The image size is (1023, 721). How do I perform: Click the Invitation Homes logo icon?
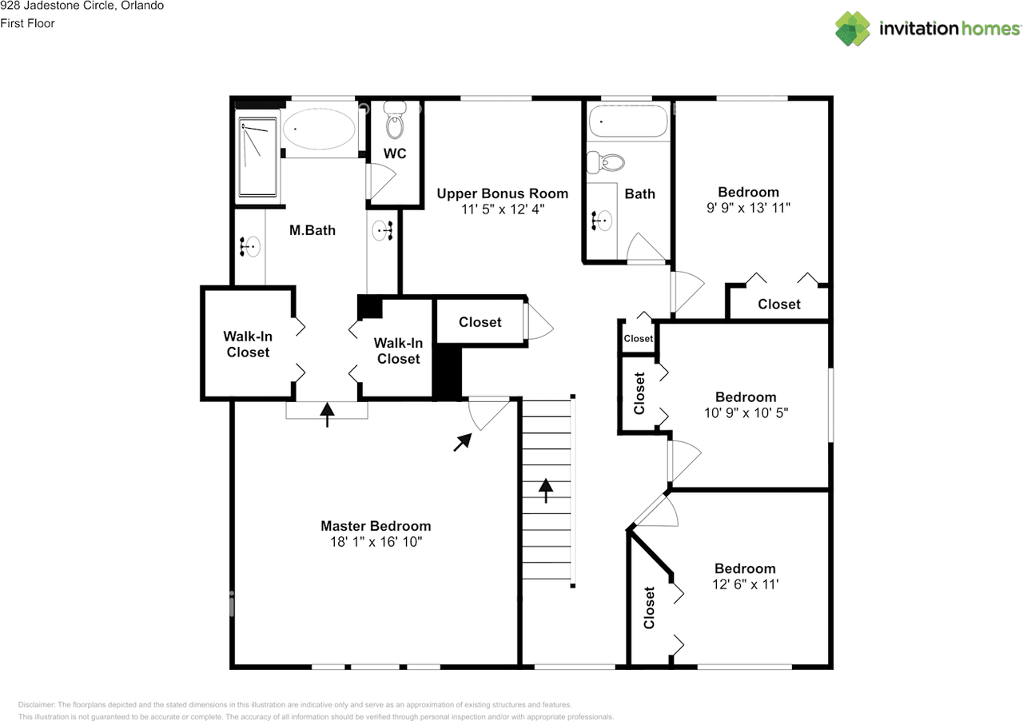tap(853, 29)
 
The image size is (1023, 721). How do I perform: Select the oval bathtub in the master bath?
tap(319, 129)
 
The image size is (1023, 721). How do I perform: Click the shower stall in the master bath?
tap(257, 157)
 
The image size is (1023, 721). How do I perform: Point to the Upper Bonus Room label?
tap(503, 193)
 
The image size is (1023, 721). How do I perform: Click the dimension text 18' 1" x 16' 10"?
tap(376, 542)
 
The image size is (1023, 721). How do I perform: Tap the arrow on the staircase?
tap(546, 489)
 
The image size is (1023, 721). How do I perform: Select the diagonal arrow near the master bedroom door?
tap(462, 442)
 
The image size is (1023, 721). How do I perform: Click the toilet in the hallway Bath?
tap(605, 163)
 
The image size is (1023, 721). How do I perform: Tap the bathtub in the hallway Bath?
tap(627, 123)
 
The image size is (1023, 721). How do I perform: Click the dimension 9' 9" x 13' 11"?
tap(748, 208)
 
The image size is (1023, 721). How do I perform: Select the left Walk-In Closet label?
tap(248, 345)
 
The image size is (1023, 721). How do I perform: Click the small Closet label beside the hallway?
tap(638, 339)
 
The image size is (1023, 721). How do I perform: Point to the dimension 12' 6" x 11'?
tap(745, 584)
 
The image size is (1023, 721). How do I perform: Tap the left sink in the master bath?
tap(250, 247)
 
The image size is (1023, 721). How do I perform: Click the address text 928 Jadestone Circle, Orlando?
tap(82, 6)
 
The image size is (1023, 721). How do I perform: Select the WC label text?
tap(395, 153)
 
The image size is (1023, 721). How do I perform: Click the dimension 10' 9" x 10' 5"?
tap(746, 413)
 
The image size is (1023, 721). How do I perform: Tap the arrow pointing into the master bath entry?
tap(327, 414)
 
